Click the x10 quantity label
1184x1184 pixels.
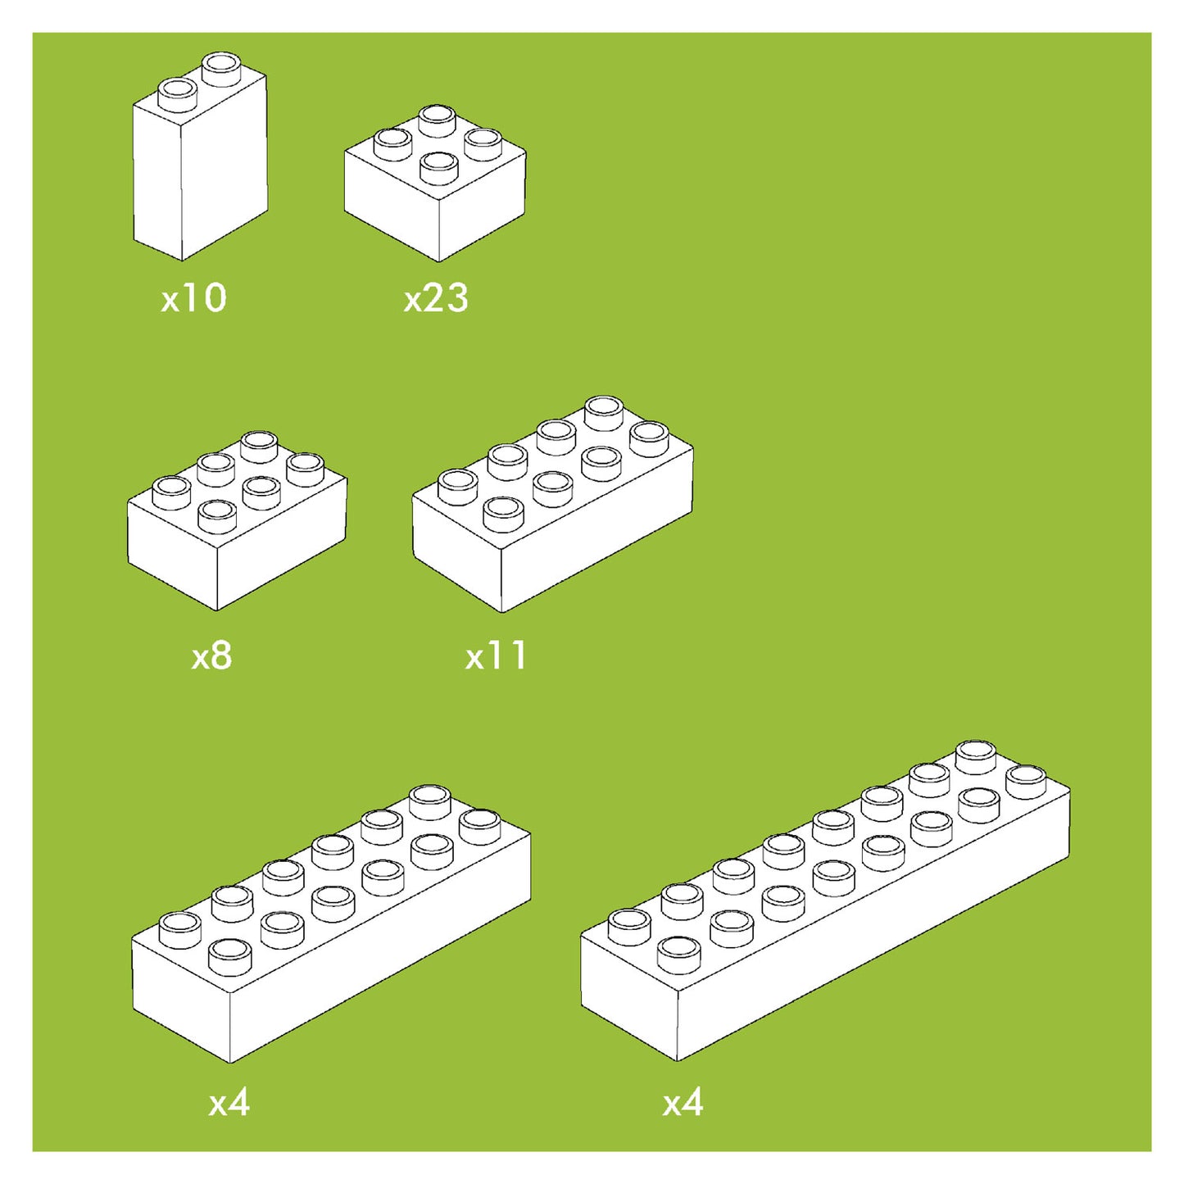coord(193,298)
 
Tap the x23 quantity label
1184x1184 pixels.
coord(436,298)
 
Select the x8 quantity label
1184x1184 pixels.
coord(211,656)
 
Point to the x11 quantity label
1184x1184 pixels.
coord(496,656)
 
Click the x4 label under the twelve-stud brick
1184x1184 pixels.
coord(229,1103)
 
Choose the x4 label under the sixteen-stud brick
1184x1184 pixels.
coord(683,1103)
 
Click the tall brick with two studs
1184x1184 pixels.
coord(200,172)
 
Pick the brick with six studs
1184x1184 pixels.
coord(236,541)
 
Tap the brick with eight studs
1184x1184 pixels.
coord(551,524)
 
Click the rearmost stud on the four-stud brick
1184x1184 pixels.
coord(438,120)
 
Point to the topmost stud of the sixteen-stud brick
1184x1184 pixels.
coord(975,754)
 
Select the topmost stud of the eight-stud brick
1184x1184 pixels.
coord(604,411)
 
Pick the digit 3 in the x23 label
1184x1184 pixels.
coord(457,298)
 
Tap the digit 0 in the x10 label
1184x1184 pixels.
coord(213,298)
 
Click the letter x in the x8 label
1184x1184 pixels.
coord(200,659)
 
